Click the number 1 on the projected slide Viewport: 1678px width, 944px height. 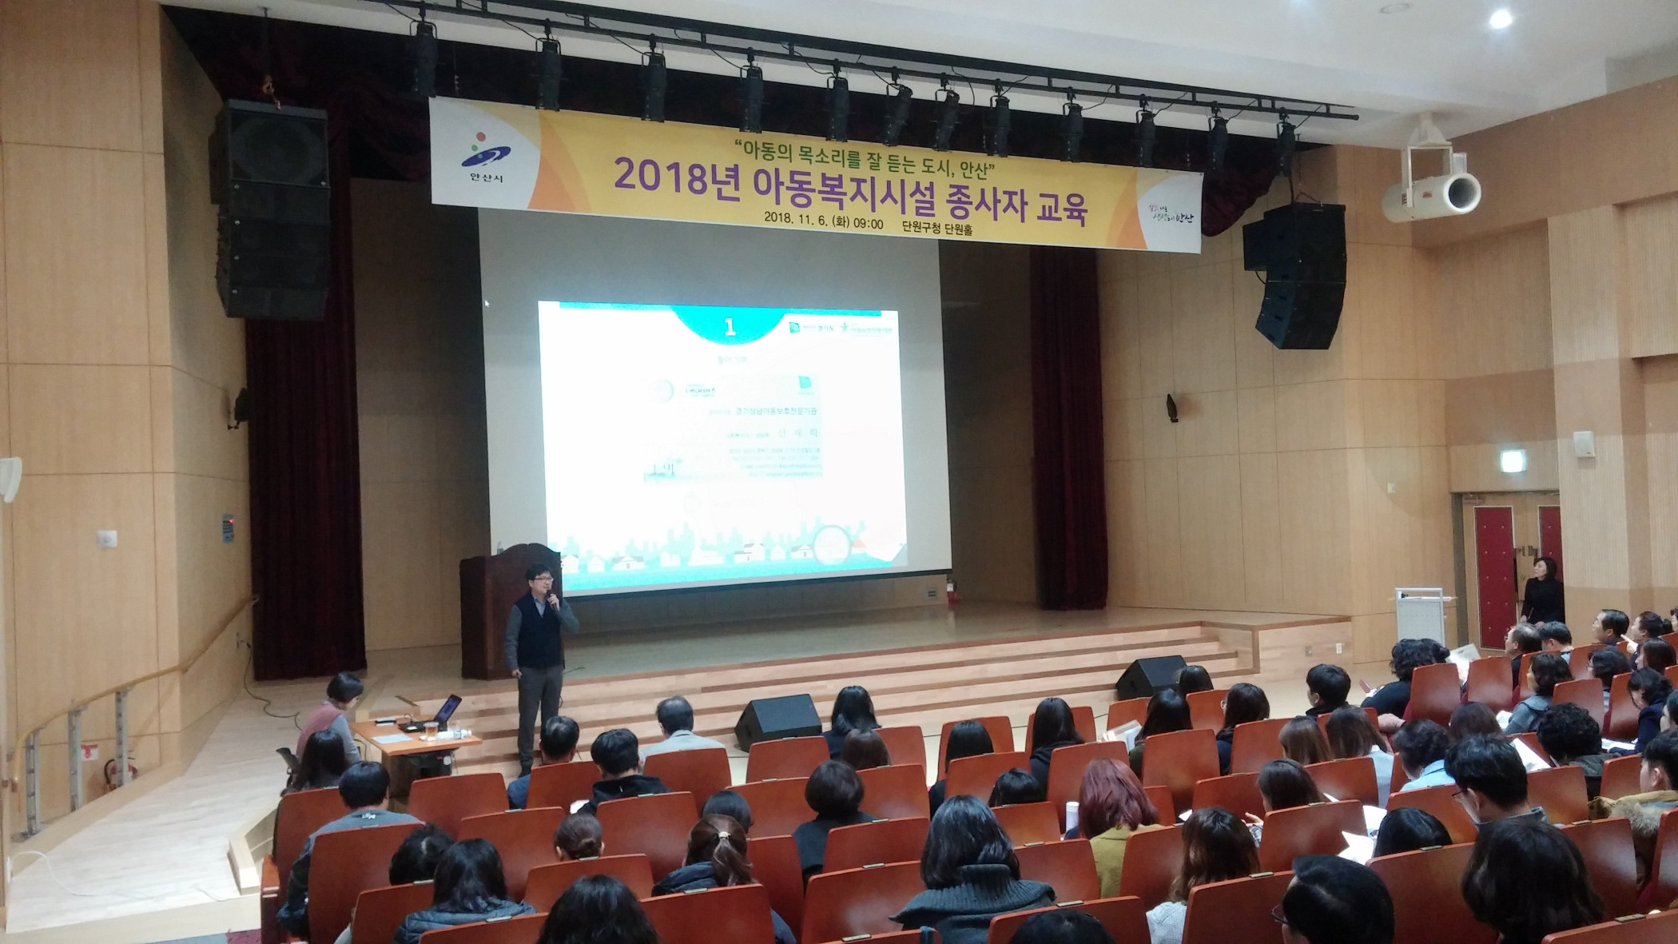728,327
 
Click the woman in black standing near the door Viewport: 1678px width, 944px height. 1543,591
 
